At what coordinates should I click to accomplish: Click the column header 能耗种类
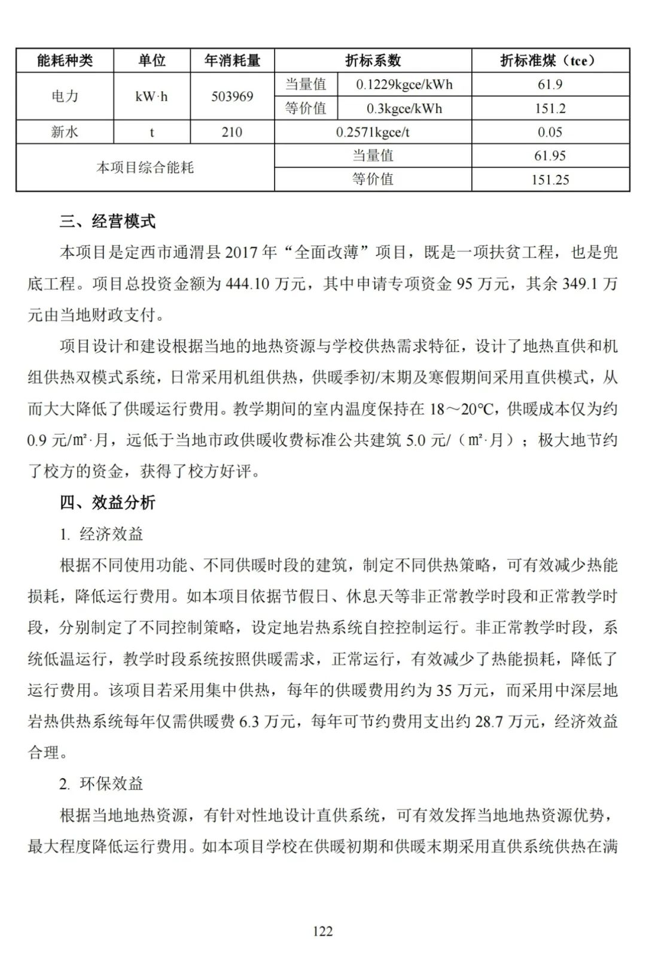pos(65,60)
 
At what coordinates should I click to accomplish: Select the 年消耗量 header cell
pos(232,60)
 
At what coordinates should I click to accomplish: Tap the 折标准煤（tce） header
pos(550,60)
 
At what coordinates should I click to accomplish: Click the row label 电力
pos(65,96)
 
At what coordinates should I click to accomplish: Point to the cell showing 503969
pos(232,96)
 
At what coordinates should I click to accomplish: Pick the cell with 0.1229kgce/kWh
pos(404,84)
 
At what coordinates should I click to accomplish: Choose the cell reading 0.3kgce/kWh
pos(404,108)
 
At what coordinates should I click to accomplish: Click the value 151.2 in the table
pos(550,108)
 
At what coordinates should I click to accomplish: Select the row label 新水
pos(65,132)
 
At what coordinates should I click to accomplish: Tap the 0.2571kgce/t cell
pos(372,132)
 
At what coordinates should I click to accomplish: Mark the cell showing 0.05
pos(550,132)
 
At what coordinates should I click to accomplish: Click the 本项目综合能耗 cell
pos(145,167)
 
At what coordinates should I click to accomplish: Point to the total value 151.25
pos(550,179)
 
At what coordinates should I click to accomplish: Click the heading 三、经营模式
pos(107,222)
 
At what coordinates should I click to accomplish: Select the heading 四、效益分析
pos(107,502)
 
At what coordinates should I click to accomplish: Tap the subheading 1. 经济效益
pos(101,534)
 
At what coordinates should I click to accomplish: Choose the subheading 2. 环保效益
pos(101,783)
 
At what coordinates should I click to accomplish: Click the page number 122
pos(322,931)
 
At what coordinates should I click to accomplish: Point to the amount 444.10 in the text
pos(247,284)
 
